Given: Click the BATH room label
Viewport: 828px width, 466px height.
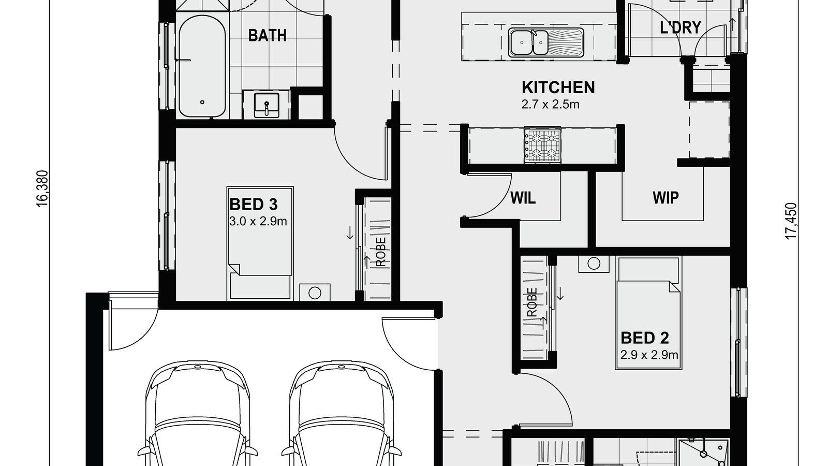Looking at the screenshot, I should (x=267, y=35).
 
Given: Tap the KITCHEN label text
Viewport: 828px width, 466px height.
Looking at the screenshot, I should (x=558, y=88).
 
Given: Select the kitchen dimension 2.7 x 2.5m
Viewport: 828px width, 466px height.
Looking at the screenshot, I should (x=550, y=105).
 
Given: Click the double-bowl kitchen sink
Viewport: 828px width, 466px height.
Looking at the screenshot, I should (x=528, y=42).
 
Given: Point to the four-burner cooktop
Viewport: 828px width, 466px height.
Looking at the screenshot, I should (x=542, y=145).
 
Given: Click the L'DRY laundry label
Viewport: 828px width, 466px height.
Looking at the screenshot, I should (x=680, y=27).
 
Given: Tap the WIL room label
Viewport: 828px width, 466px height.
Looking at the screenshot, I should (x=523, y=198).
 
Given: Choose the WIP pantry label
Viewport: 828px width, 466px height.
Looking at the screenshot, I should (x=666, y=197).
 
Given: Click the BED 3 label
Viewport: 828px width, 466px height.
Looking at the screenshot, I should (x=254, y=205).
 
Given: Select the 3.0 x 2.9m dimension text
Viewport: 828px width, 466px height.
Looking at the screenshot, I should (x=258, y=222).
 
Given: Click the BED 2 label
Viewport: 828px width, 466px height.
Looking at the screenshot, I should (x=644, y=338).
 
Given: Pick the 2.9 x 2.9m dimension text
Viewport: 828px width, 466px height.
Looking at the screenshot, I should (x=649, y=355).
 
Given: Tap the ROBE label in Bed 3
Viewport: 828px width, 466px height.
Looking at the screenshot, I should (x=381, y=252).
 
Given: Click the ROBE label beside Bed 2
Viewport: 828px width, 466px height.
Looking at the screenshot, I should (x=532, y=302).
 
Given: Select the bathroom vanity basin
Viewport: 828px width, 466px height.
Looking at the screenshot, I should (x=267, y=105).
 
